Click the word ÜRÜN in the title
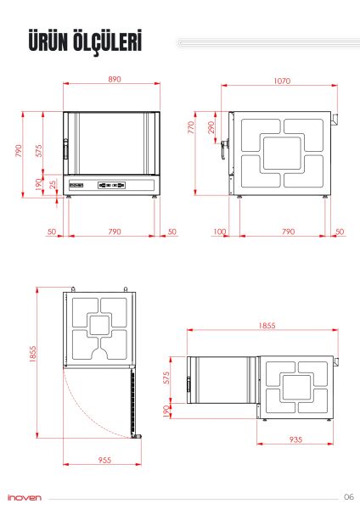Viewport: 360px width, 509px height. click(48, 41)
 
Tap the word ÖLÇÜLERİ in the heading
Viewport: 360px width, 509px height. click(108, 42)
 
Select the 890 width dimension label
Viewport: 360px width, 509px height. click(115, 79)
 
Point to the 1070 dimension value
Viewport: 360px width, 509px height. click(282, 81)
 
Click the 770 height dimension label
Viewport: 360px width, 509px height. click(191, 127)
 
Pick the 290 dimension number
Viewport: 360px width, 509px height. click(211, 127)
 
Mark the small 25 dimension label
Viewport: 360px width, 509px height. click(53, 185)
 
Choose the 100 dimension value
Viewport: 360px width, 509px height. click(220, 232)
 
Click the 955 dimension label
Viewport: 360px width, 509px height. click(104, 460)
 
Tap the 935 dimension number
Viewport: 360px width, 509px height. click(295, 439)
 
